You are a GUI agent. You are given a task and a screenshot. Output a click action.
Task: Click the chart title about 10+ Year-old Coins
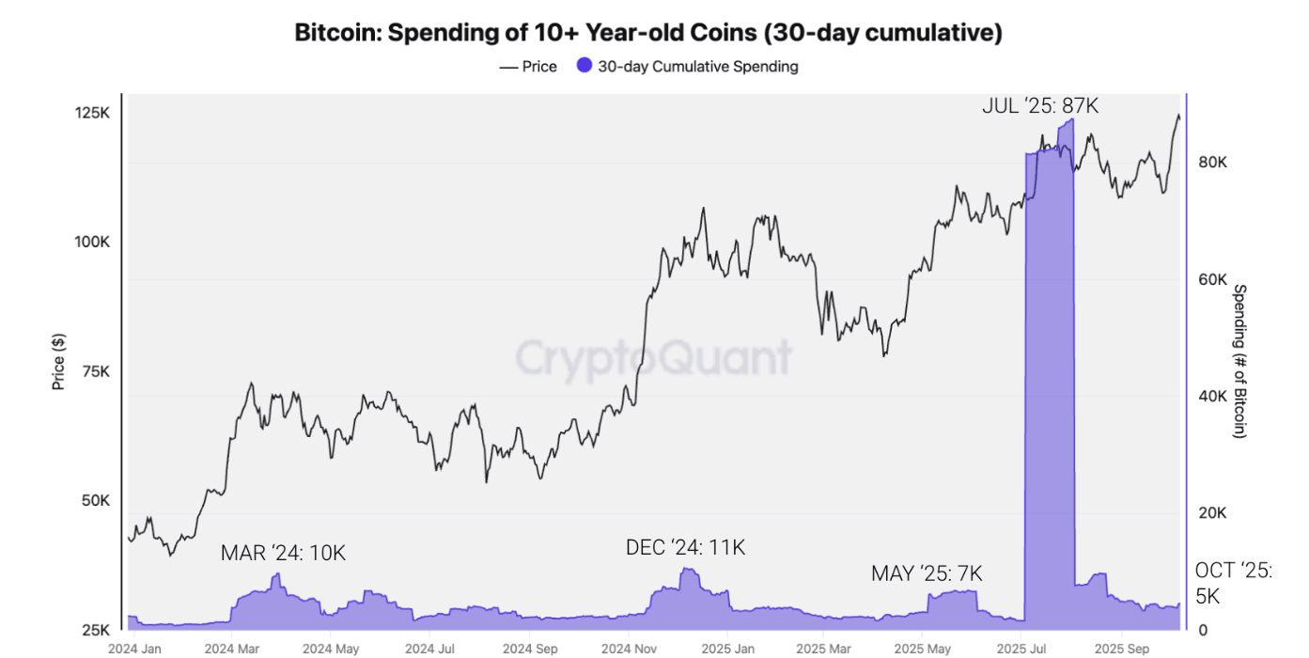(x=648, y=33)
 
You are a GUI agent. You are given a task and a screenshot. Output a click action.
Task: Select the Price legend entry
(x=528, y=67)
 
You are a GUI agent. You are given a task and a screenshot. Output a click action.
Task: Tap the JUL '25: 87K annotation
(x=1040, y=105)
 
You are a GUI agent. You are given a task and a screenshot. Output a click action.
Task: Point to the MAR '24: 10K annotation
(x=283, y=553)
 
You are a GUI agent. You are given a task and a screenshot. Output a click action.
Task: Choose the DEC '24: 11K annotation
(x=685, y=547)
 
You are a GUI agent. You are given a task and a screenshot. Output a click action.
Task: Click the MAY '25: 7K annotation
(x=926, y=573)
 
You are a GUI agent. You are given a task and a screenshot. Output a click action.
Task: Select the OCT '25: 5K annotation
(x=1233, y=583)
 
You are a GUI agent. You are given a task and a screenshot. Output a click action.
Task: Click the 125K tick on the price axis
(x=92, y=113)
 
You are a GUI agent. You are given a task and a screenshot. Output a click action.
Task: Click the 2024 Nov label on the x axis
(x=629, y=649)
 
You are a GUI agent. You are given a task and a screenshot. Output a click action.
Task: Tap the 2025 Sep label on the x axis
(x=1125, y=649)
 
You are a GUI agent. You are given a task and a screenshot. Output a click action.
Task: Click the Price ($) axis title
(x=58, y=361)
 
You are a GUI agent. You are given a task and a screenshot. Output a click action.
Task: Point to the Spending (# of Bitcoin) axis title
(x=1239, y=361)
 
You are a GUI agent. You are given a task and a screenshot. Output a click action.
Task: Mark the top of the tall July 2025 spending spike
(x=1066, y=120)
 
